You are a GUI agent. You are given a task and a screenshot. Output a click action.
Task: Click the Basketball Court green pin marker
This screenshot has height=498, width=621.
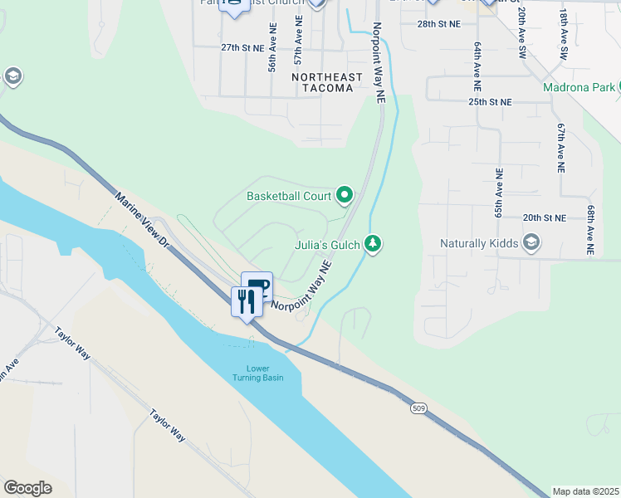coord(345,196)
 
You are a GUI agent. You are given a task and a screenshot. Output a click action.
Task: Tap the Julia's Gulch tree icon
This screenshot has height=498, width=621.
coord(374,243)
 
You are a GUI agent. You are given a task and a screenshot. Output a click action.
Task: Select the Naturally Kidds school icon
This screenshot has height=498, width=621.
coord(531,243)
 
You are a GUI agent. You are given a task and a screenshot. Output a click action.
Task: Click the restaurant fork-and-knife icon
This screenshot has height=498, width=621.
coord(246,300)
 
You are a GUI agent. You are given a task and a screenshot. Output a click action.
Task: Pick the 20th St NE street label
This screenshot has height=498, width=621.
coord(545,217)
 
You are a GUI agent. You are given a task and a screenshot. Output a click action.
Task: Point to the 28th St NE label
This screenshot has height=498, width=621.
coord(438,24)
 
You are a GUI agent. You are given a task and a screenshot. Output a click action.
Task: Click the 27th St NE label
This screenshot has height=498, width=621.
coord(242,48)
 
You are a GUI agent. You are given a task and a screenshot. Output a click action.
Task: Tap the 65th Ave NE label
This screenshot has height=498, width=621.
coord(499,202)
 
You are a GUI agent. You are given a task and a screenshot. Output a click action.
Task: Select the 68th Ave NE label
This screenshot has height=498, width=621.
coord(589,231)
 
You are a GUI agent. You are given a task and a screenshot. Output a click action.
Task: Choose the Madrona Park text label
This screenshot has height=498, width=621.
coord(579,87)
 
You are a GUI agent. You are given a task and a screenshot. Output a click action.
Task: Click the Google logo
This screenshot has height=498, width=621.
coord(27,487)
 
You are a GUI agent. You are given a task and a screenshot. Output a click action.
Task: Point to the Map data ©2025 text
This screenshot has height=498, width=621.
coord(584,491)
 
